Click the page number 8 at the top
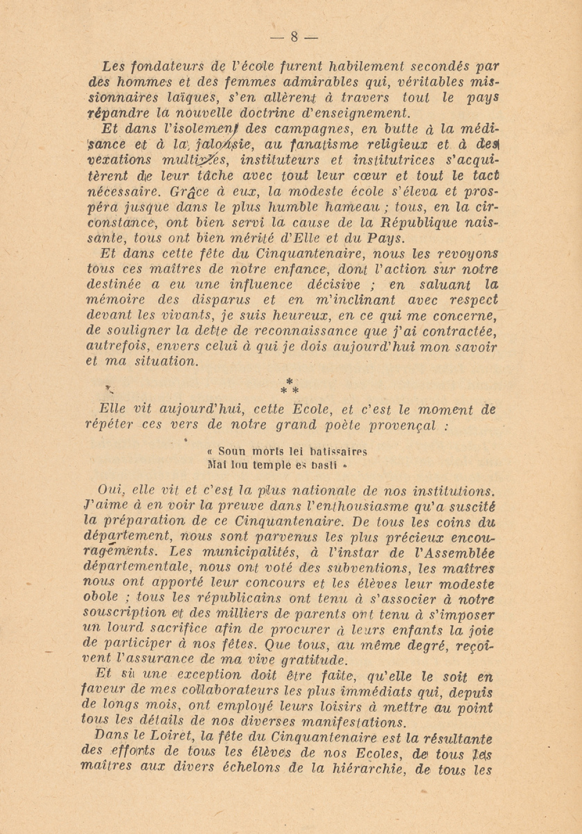[x=294, y=37]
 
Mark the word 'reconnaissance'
[x=288, y=331]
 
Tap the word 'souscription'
[x=123, y=613]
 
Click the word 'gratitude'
[x=314, y=660]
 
